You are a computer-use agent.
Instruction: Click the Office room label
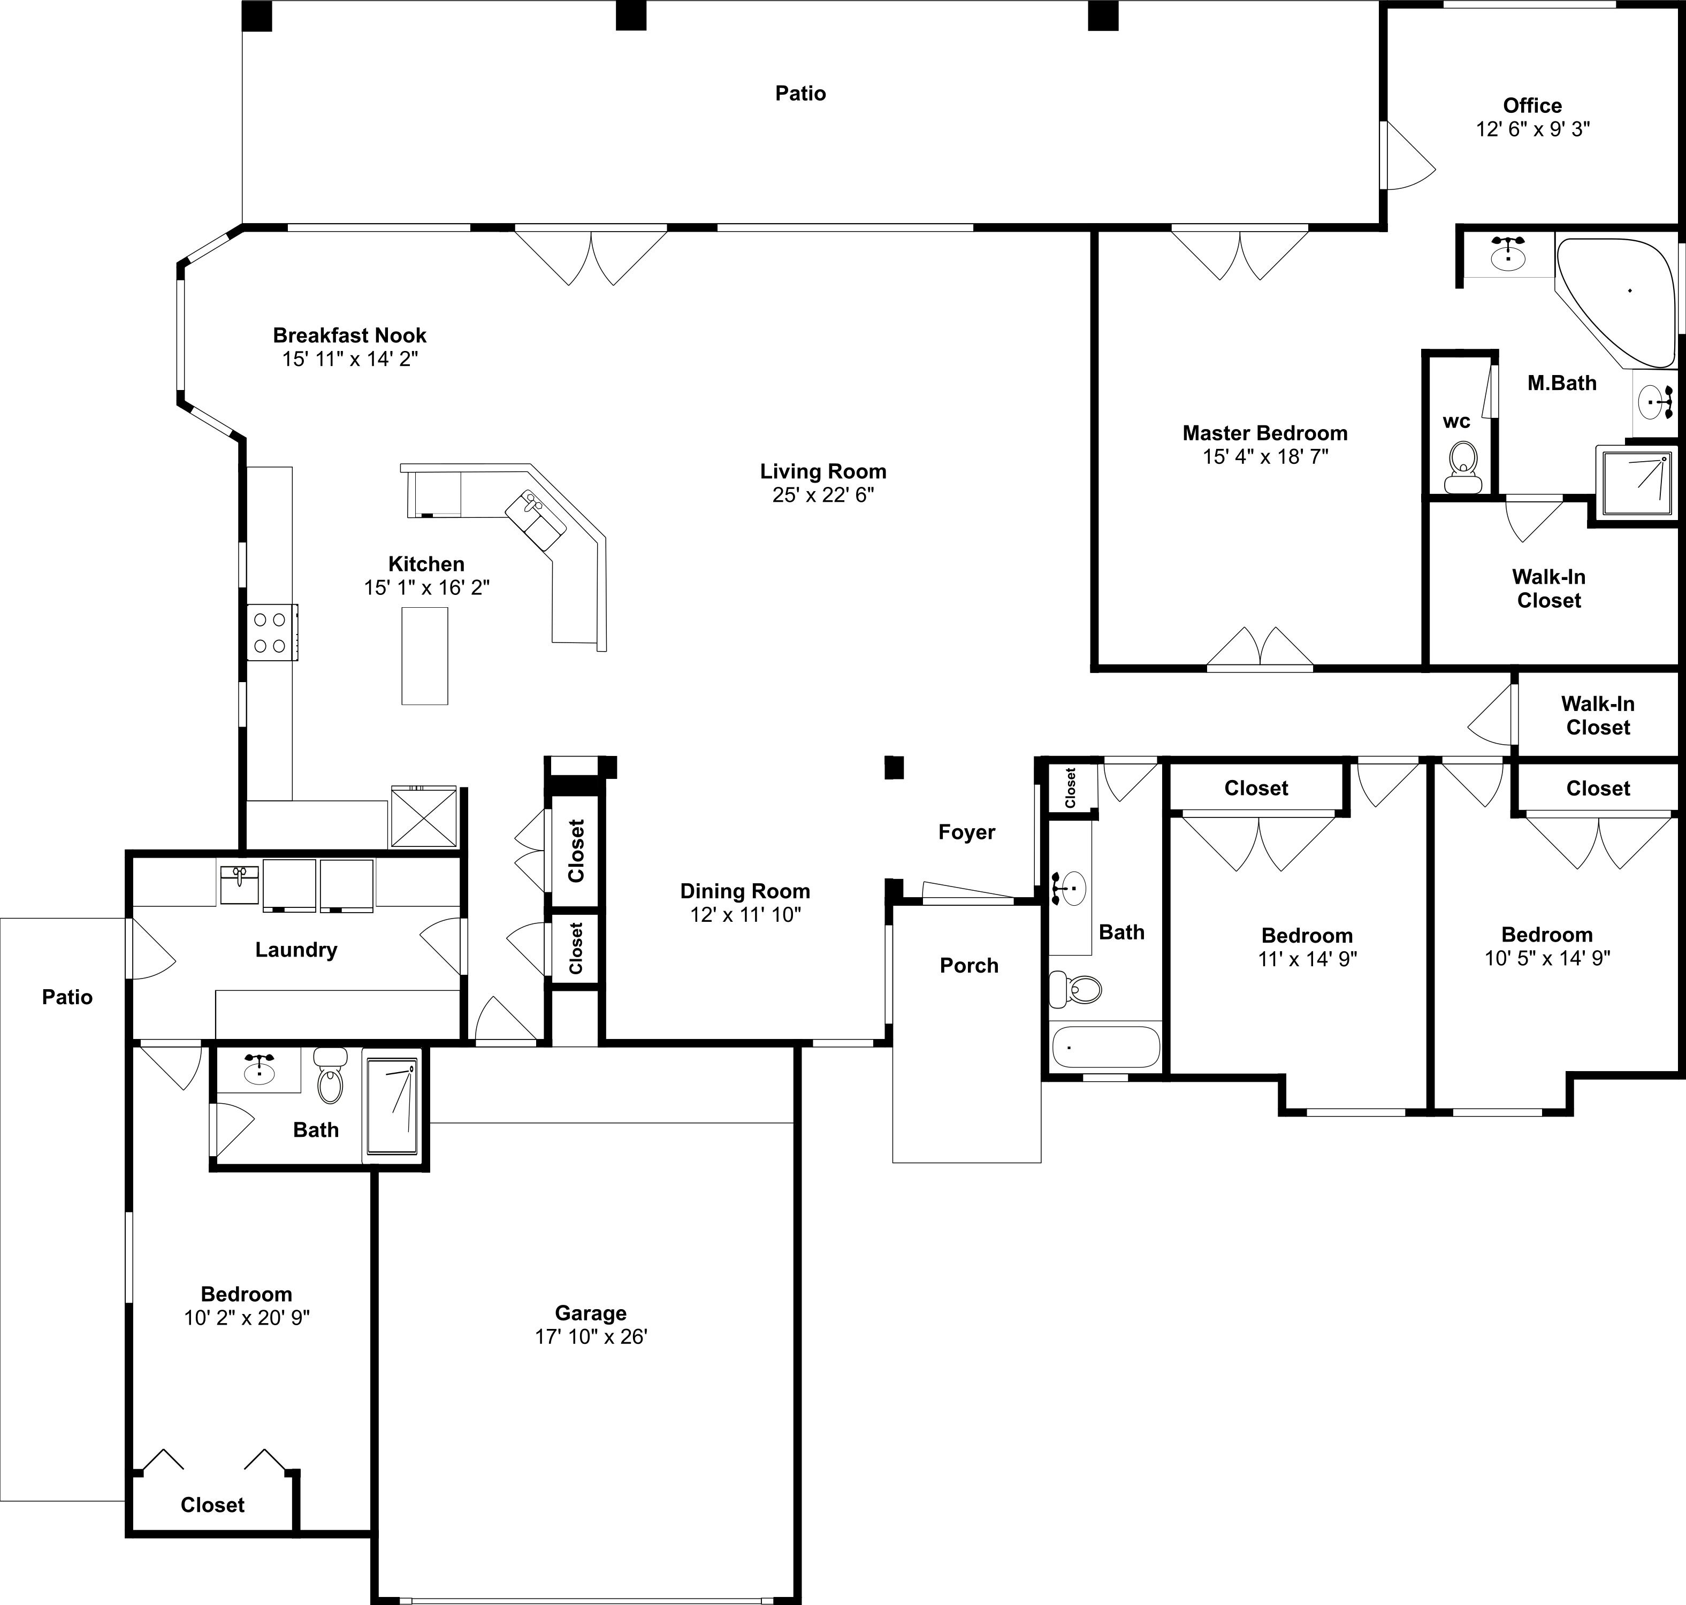[1532, 105]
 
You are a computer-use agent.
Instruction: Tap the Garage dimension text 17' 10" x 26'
[591, 1336]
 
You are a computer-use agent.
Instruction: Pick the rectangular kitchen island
[424, 656]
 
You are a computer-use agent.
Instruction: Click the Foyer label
[966, 832]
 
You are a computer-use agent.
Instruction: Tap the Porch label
[969, 965]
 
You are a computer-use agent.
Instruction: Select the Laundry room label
[296, 950]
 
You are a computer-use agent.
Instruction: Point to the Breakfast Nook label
[349, 335]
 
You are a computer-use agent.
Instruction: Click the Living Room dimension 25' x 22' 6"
[823, 494]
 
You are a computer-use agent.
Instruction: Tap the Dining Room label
[745, 891]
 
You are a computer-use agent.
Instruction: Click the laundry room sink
[240, 884]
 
